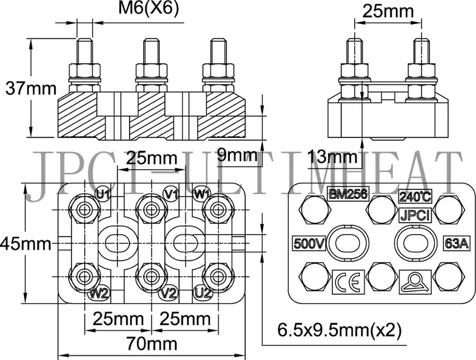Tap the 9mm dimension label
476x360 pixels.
pyautogui.click(x=237, y=155)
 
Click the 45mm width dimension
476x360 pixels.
pyautogui.click(x=25, y=244)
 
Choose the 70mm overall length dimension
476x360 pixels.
pyautogui.click(x=151, y=343)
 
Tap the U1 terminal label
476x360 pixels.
pyautogui.click(x=103, y=194)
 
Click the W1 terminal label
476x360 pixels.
pyautogui.click(x=202, y=194)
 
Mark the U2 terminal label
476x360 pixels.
pyautogui.click(x=202, y=293)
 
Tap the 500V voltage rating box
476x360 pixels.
pyautogui.click(x=309, y=243)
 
